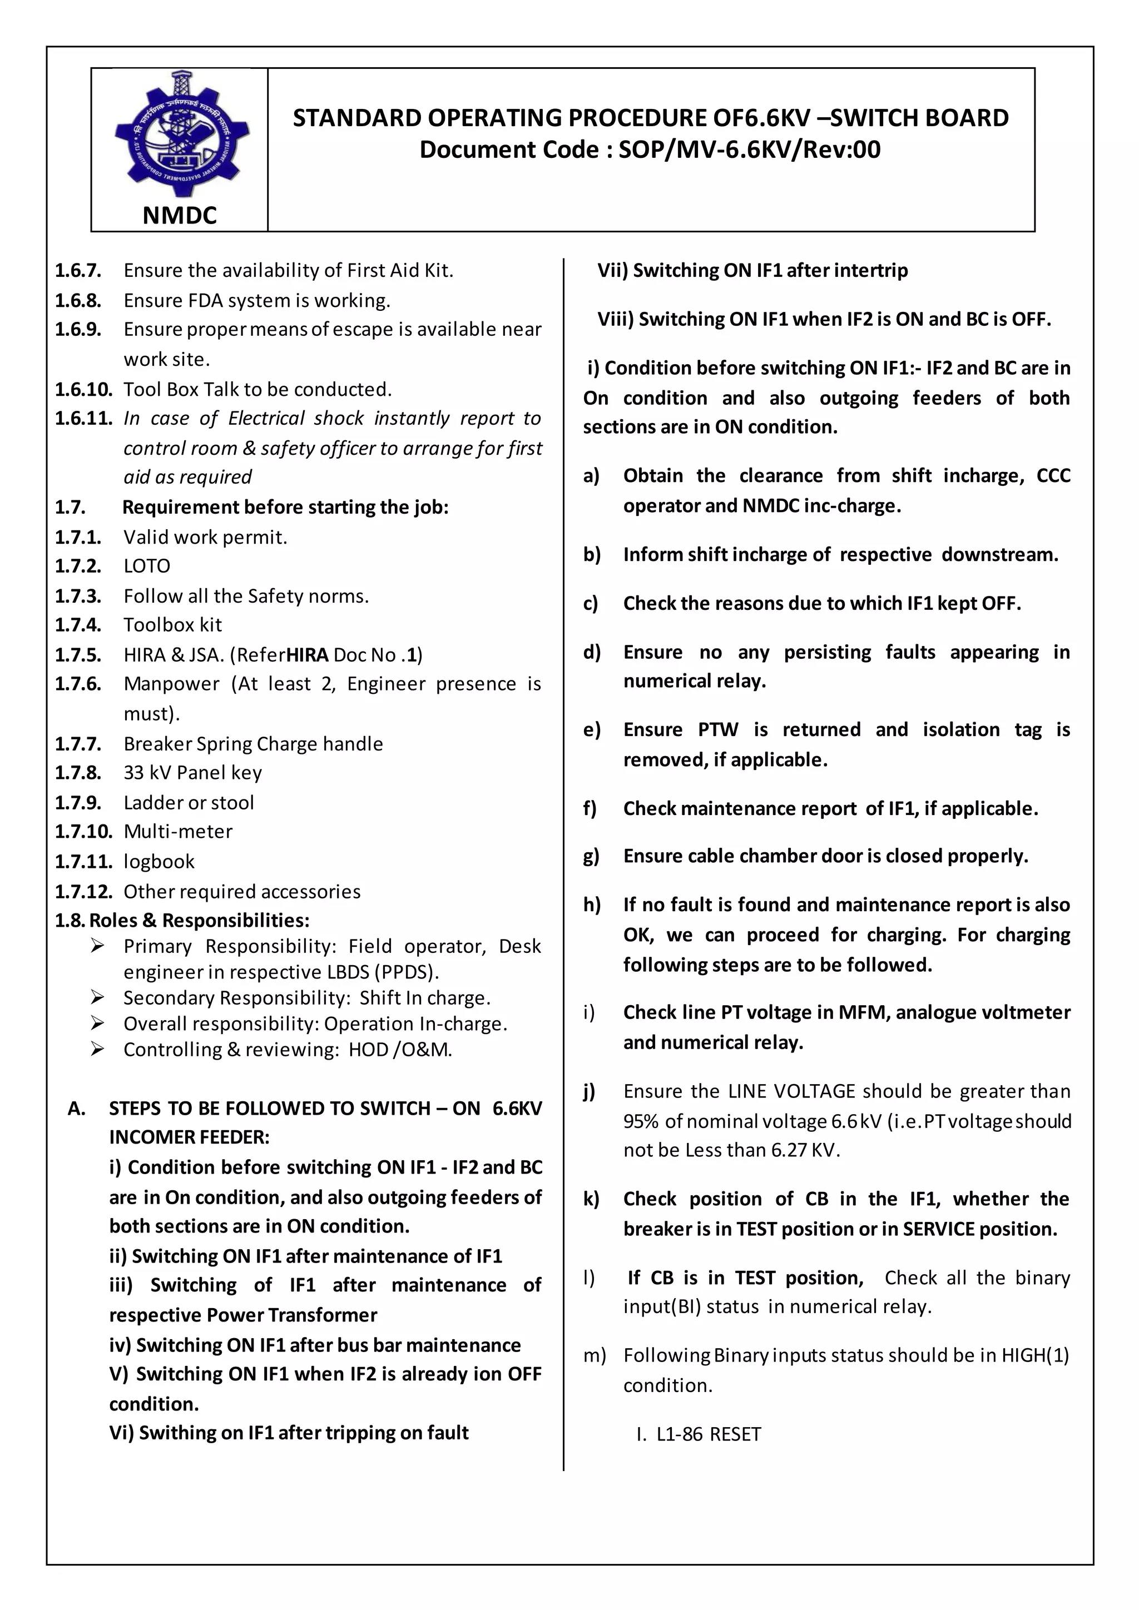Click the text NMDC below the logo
180,215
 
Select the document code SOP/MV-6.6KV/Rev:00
749,150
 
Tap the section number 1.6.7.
78,271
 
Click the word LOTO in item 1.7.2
147,566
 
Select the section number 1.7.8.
78,773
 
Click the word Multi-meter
178,832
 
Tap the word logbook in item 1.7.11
159,862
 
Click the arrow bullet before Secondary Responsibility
97,997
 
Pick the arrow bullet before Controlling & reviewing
97,1049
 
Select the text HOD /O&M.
400,1050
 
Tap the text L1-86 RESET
709,1435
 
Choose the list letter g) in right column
591,856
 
